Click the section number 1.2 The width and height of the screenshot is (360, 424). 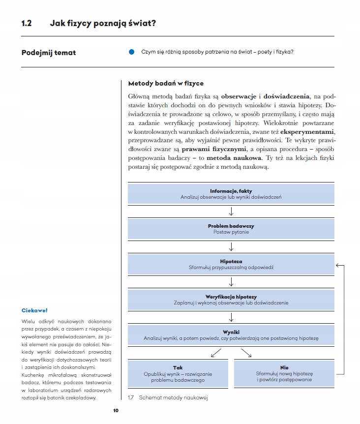[27, 23]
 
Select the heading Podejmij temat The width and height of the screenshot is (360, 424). [49, 52]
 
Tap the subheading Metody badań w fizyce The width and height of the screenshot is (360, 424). [166, 84]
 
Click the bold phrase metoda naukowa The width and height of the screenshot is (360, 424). [234, 157]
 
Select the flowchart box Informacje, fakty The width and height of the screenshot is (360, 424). [231, 194]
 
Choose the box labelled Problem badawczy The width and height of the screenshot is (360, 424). [231, 229]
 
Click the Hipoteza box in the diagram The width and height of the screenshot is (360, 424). [231, 265]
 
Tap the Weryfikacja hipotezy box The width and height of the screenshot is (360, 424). [231, 300]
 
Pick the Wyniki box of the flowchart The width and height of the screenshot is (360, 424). [231, 335]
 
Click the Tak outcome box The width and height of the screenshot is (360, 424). [178, 374]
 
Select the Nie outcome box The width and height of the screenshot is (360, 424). [284, 374]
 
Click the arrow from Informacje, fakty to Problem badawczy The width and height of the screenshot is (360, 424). [231, 211]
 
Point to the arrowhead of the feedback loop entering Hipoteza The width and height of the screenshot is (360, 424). [338, 266]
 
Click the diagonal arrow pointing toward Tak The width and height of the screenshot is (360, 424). [215, 353]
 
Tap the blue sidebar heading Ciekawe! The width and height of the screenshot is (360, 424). [34, 310]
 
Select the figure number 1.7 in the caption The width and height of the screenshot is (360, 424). [131, 397]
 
